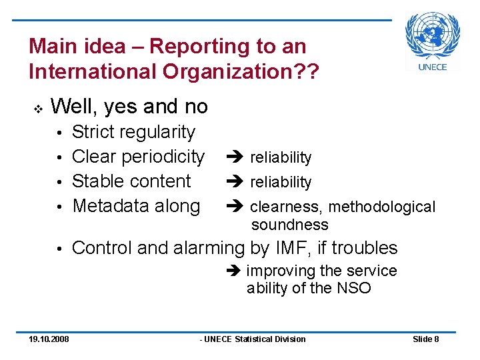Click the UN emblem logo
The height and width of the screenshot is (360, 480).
433,35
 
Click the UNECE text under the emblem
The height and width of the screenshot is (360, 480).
433,67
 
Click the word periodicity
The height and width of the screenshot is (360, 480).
165,157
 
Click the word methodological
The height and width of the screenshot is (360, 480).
382,207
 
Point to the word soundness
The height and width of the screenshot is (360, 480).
290,225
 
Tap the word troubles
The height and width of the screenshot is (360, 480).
364,248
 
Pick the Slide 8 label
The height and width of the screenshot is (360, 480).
426,339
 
